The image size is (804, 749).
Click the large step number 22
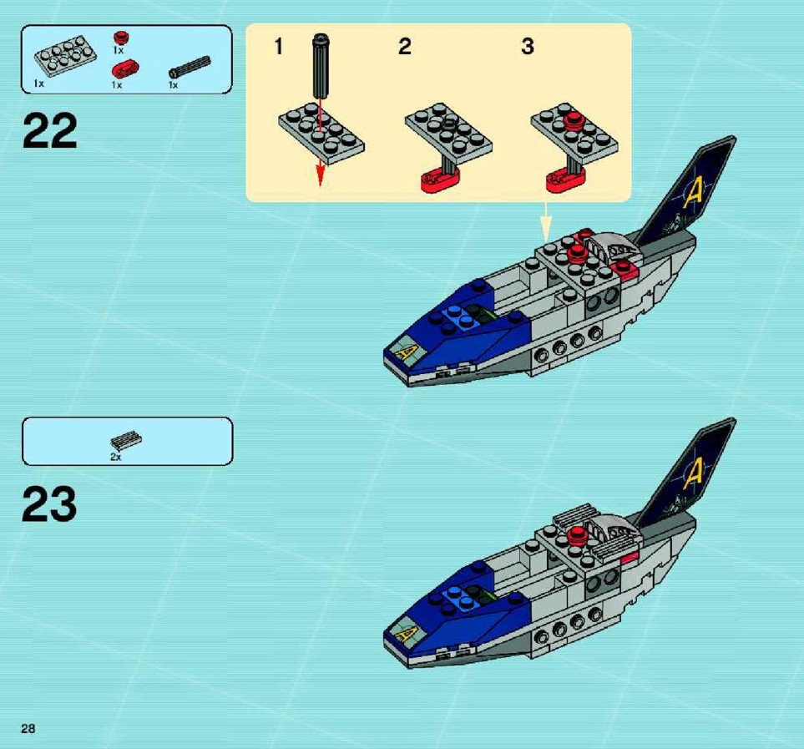pos(50,131)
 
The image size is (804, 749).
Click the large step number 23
pos(49,504)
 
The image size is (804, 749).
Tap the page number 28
pos(28,728)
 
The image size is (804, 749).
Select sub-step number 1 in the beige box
pos(278,46)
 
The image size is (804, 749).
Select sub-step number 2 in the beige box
pos(405,46)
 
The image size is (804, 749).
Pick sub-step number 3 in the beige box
pos(528,46)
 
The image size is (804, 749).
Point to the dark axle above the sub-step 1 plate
pos(321,65)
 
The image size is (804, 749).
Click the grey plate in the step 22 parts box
pos(66,55)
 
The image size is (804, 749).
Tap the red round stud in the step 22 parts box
pos(121,38)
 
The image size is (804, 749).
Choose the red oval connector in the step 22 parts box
pos(125,69)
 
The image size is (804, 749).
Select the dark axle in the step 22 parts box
pos(190,67)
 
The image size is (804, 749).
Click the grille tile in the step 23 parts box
pos(126,440)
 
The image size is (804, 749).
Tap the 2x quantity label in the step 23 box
pos(116,457)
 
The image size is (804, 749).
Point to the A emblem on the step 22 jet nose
pos(405,353)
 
